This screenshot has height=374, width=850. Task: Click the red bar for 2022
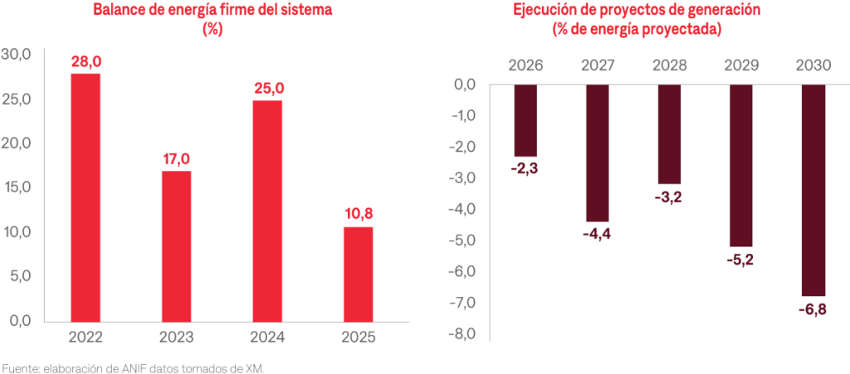(x=85, y=197)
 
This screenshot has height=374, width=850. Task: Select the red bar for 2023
(x=176, y=245)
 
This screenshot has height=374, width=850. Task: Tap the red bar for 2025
(x=358, y=274)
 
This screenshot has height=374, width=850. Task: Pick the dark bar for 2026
(x=525, y=120)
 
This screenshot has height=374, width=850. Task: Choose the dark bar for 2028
(x=669, y=134)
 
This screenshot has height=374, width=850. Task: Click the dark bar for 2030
(x=813, y=190)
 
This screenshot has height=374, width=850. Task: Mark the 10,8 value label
(x=358, y=214)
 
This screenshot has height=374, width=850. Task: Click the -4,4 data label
(x=597, y=236)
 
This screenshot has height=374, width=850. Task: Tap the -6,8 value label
(x=813, y=310)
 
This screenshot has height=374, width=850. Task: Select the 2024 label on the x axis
(x=267, y=337)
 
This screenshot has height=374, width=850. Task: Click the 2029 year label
(x=741, y=65)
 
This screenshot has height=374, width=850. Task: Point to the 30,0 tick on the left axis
(x=17, y=54)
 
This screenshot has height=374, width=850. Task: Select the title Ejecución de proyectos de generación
(x=636, y=11)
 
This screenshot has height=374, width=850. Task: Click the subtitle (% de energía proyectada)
(x=636, y=29)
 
